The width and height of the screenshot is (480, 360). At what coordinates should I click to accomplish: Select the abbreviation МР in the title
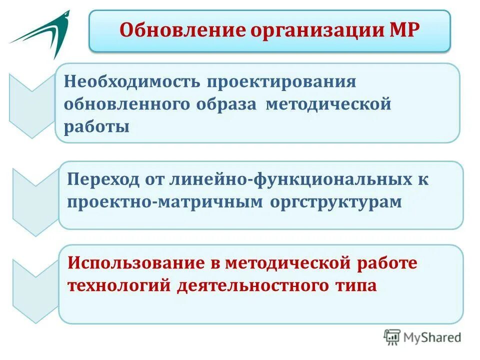(x=403, y=31)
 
